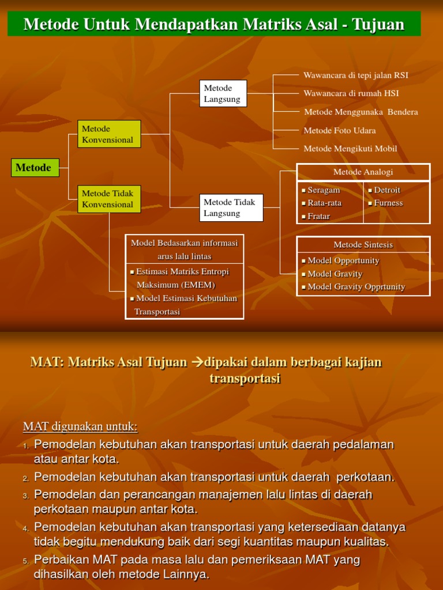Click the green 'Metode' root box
coord(35,168)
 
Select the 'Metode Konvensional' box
coord(109,134)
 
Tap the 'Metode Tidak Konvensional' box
coord(109,199)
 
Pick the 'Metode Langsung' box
coord(223,93)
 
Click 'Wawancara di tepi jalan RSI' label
coord(356,75)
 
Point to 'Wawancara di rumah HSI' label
coord(351,93)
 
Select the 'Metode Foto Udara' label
coord(340,131)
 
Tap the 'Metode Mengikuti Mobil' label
coord(350,149)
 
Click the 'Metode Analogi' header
coord(363,172)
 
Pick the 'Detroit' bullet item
coord(386,190)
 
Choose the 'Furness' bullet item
coord(388,203)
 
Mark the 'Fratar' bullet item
coord(318,216)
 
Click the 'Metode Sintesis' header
coord(363,245)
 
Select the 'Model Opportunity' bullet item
coord(343,260)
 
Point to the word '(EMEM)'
coord(199,285)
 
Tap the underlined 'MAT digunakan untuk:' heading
coord(80,426)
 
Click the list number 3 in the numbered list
coord(26,496)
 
